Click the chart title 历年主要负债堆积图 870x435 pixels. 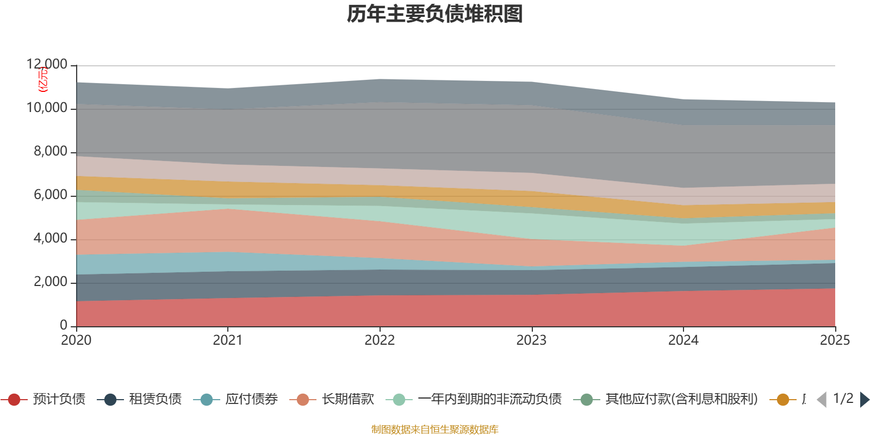tap(435, 14)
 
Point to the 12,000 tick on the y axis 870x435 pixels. tap(47, 65)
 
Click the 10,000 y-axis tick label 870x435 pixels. tap(47, 108)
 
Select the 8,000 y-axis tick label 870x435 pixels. tap(51, 152)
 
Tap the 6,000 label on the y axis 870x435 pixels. tap(51, 195)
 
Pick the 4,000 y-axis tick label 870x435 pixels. tap(51, 239)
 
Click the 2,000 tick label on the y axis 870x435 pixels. tap(51, 282)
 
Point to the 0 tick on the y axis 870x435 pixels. tap(64, 325)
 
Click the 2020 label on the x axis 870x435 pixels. tap(76, 340)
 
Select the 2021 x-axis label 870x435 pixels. tap(228, 340)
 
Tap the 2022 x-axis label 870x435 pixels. tap(380, 340)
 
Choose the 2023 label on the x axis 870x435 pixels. tap(531, 340)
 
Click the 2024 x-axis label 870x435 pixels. tap(683, 340)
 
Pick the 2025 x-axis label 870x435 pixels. tap(835, 340)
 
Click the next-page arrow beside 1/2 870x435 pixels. tap(864, 400)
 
